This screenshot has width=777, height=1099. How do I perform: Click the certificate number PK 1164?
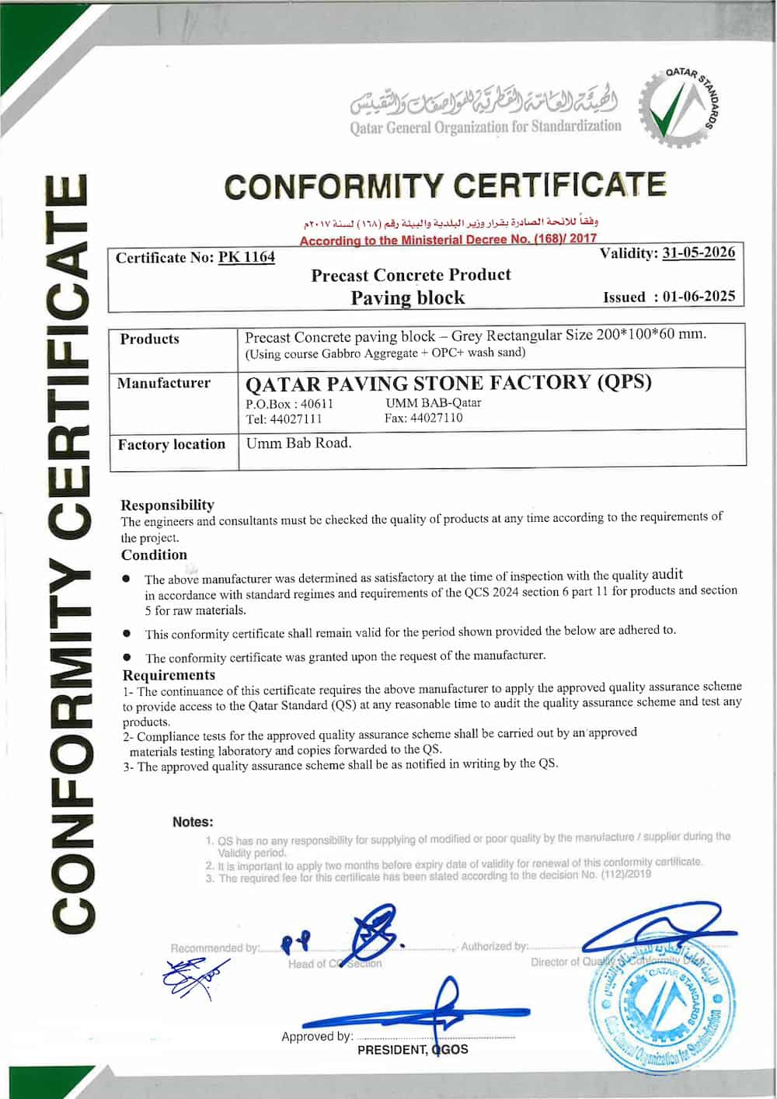point(246,257)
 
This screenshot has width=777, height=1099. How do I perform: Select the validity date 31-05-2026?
point(698,253)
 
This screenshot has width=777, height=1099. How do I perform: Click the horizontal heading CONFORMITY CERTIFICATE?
point(444,186)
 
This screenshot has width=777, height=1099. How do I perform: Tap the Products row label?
point(149,339)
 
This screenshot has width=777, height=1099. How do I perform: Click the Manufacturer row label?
point(163,383)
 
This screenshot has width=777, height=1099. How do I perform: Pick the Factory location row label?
point(171,444)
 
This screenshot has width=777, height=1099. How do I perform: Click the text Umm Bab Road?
point(298,443)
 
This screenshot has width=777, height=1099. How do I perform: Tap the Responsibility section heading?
point(167,505)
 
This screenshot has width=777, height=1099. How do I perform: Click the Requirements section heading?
point(169,675)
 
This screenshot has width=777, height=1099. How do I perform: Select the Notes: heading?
point(193,822)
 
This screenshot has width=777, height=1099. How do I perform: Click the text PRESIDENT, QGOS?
point(413,1049)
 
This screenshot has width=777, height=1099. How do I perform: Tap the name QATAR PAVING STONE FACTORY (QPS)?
point(448,383)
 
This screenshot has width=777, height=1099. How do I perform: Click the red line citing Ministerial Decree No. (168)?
point(448,240)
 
